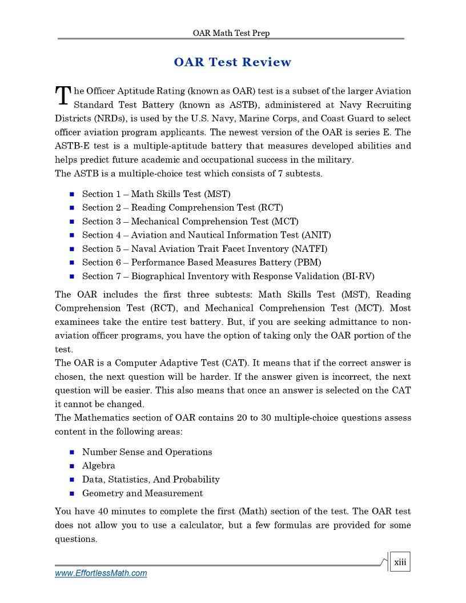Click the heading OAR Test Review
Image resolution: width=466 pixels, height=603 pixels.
click(x=232, y=62)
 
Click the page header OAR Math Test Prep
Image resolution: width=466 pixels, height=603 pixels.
click(x=231, y=33)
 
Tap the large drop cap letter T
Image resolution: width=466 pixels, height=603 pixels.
click(x=62, y=96)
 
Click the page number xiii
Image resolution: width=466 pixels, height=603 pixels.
click(x=400, y=562)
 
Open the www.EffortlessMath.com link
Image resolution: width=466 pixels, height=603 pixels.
click(x=101, y=573)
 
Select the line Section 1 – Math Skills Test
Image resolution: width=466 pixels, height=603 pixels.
click(x=156, y=194)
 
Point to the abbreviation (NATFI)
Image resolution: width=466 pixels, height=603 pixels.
click(x=310, y=249)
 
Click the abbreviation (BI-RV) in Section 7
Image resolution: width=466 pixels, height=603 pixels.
click(x=358, y=276)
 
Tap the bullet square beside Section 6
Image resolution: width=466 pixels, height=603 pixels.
click(x=72, y=263)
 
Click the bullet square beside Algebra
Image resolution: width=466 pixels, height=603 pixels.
click(x=72, y=466)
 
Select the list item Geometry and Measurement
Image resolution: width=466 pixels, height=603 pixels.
click(x=142, y=493)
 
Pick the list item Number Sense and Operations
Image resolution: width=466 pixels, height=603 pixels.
click(x=147, y=452)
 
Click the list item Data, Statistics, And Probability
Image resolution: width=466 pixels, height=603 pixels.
click(x=151, y=480)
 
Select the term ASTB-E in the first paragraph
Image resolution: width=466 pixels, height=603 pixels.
click(x=71, y=146)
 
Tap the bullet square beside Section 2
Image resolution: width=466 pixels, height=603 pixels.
click(x=72, y=208)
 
